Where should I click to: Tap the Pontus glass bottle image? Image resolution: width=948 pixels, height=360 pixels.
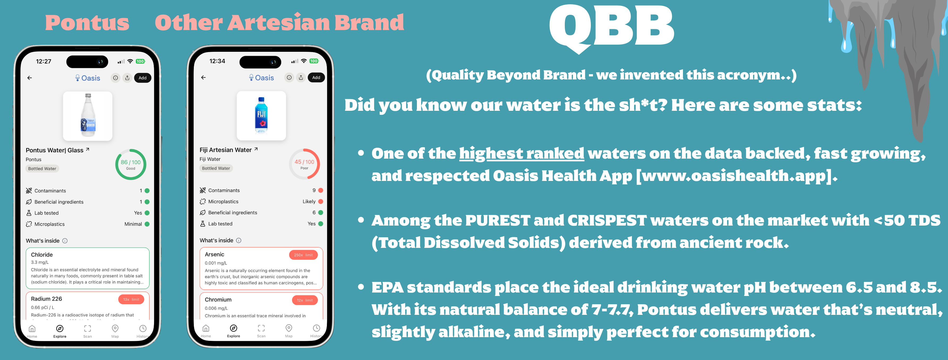88,116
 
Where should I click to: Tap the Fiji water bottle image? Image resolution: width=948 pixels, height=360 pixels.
261,115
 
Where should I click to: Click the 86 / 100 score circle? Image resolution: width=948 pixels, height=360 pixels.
131,164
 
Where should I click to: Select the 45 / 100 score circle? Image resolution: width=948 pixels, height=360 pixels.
304,164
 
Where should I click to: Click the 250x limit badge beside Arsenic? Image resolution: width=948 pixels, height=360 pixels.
303,255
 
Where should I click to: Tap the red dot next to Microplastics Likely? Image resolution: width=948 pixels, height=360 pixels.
321,201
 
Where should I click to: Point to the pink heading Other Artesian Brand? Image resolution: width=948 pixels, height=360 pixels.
279,23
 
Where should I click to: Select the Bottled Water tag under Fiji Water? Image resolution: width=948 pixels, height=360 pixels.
216,168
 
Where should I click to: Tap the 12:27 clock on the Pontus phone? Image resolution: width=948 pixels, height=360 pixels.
44,61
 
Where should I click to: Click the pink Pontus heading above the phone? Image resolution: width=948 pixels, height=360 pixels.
87,23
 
